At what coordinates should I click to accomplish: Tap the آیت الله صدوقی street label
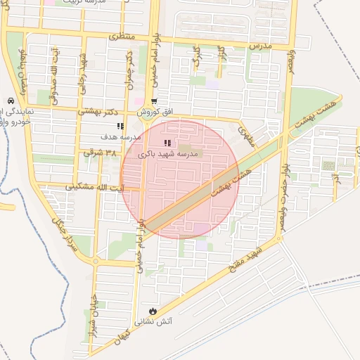(53, 69)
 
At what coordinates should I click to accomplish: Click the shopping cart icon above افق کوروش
(154, 101)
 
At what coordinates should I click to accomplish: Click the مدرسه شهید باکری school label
(169, 153)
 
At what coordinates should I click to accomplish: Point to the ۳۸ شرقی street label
(98, 151)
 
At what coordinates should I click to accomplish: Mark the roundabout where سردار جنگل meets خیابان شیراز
(96, 262)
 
